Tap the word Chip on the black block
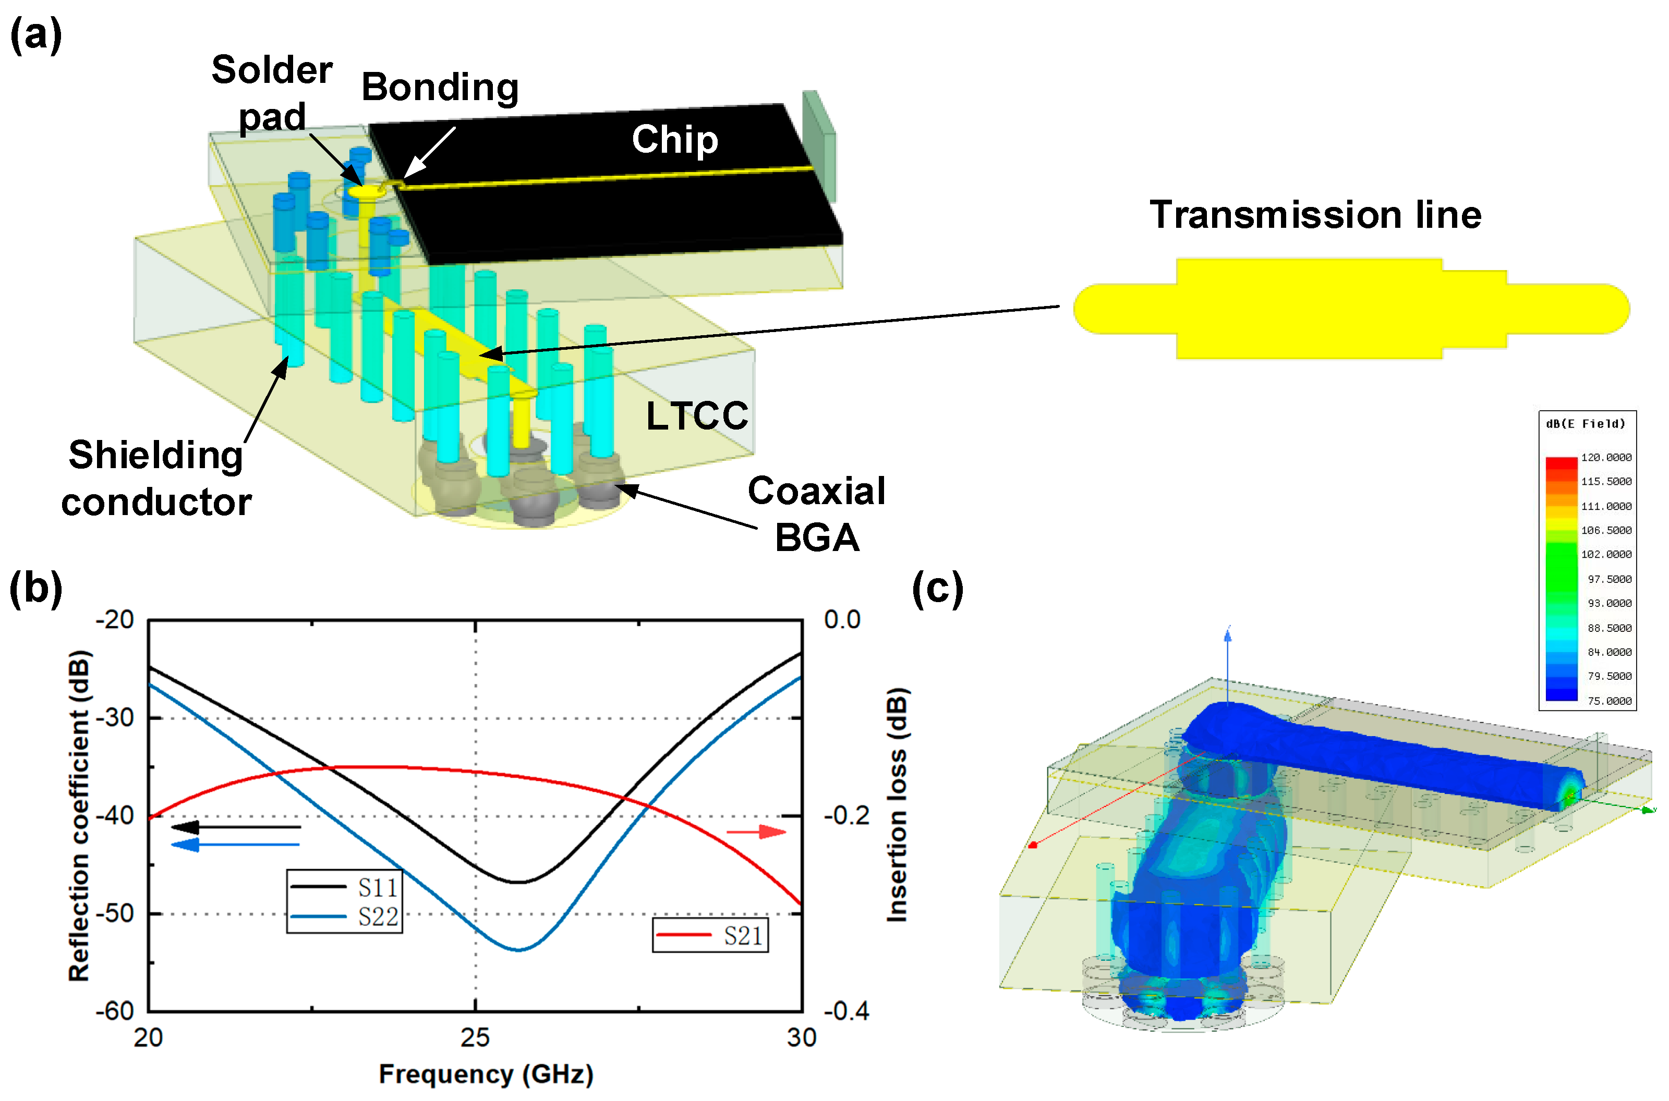(674, 139)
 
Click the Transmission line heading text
(1315, 214)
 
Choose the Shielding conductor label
(156, 478)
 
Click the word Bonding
(440, 87)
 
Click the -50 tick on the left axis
(115, 913)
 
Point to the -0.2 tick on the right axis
(846, 816)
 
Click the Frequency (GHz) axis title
(486, 1074)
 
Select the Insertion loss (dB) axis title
(898, 804)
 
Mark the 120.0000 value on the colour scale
(1606, 457)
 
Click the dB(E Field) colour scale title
(1586, 423)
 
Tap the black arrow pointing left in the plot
(235, 827)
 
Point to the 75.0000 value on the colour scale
(1608, 701)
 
